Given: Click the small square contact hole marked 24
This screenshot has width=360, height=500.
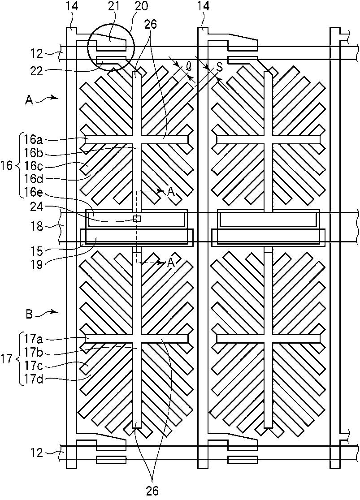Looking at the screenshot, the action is click(x=137, y=219).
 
